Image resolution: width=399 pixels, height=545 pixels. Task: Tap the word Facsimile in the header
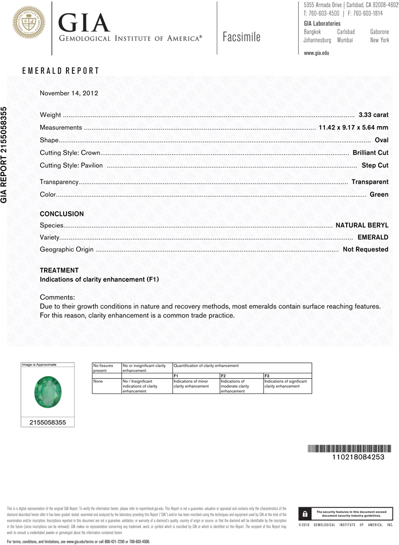tap(242, 37)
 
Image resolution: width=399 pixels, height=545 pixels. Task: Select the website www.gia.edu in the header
tap(317, 53)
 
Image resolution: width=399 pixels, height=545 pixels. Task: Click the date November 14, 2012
tap(69, 93)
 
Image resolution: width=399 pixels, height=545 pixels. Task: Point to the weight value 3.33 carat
tap(373, 115)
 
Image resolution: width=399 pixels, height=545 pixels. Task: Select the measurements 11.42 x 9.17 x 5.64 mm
tap(353, 128)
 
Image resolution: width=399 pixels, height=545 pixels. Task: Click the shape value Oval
tap(382, 140)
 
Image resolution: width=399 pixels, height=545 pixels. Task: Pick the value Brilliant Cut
tap(370, 153)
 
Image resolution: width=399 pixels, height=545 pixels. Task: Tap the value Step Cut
tap(375, 165)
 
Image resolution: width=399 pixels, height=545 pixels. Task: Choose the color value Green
tap(379, 195)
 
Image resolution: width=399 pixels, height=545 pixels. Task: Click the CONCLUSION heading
tap(62, 214)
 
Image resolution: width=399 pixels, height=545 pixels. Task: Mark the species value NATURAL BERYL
tap(362, 225)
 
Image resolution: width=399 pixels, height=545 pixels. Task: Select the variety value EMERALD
tap(373, 238)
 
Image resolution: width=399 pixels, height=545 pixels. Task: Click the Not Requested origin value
tap(365, 250)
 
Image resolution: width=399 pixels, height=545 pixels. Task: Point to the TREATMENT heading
tap(59, 270)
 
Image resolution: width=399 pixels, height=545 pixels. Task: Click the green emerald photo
tap(46, 392)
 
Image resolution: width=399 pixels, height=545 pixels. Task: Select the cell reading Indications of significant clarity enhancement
tap(286, 384)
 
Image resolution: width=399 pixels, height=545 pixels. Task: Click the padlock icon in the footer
tap(305, 513)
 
